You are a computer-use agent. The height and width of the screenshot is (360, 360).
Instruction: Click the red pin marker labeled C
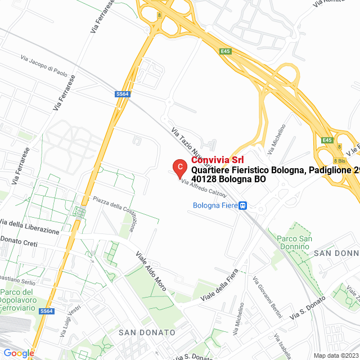point(179,167)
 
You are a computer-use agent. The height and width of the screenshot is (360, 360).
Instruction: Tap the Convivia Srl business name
point(214,160)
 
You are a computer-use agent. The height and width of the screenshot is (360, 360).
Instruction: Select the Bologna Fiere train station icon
point(243,205)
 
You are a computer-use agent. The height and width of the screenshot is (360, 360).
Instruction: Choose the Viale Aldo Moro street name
point(151,271)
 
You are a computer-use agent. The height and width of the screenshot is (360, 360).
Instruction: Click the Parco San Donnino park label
point(294,243)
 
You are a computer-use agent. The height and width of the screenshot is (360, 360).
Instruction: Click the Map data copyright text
point(336,355)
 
